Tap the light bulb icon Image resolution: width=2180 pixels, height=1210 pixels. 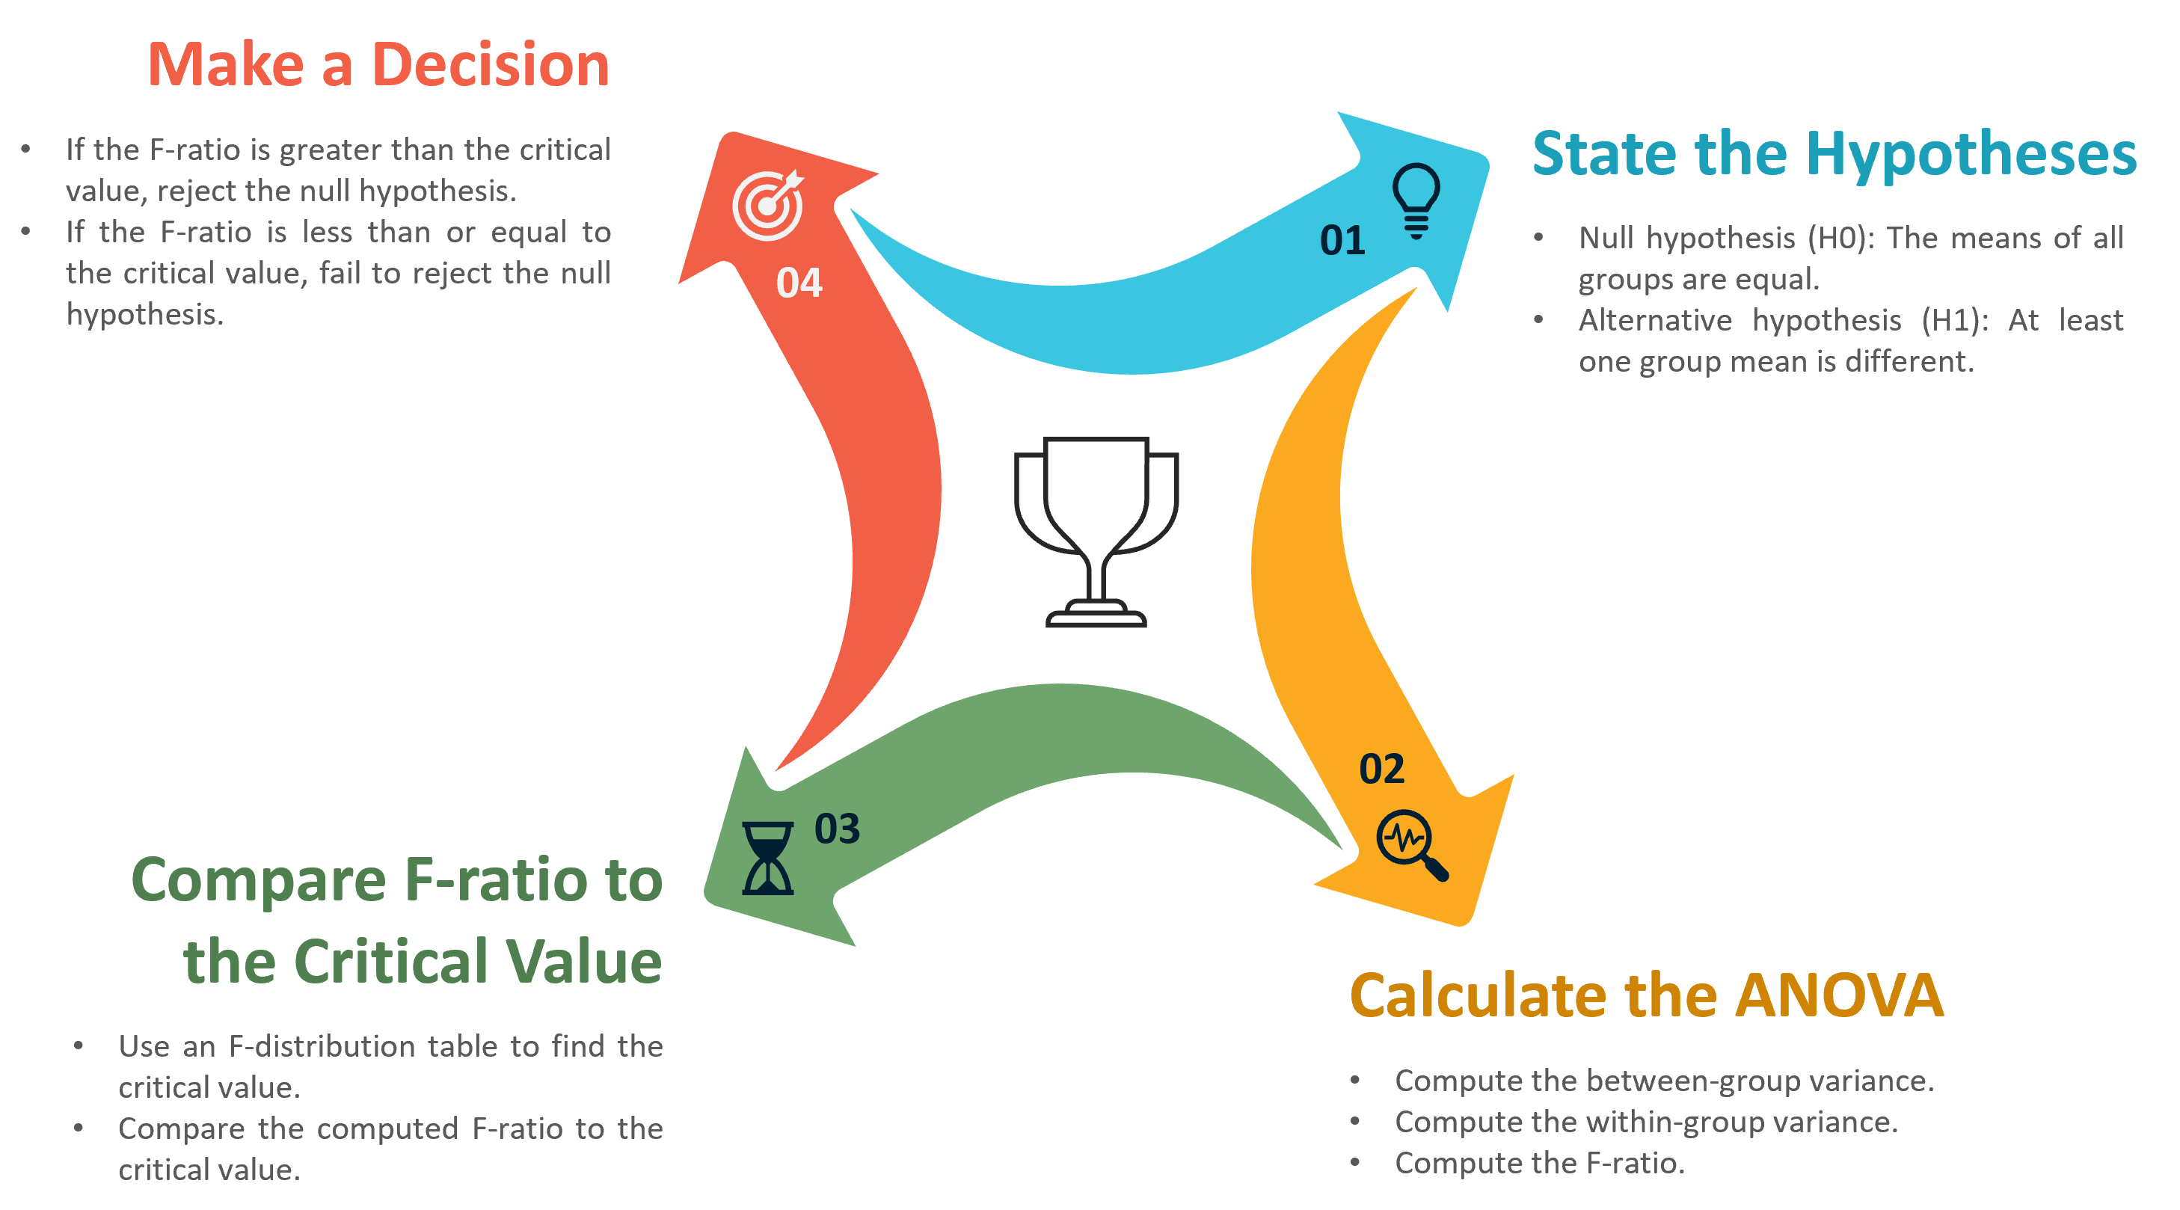pyautogui.click(x=1416, y=200)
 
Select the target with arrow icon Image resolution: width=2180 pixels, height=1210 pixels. pyautogui.click(x=767, y=206)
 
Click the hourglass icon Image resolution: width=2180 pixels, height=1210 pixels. pyautogui.click(x=767, y=858)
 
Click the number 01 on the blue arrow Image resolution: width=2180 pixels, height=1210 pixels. pyautogui.click(x=1342, y=240)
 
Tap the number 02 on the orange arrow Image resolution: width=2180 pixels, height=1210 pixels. pyautogui.click(x=1381, y=768)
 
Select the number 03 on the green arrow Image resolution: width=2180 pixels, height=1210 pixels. pyautogui.click(x=837, y=829)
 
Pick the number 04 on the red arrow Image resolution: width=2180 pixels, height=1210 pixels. pyautogui.click(x=799, y=283)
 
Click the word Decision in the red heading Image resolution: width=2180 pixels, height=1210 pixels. pyautogui.click(x=491, y=64)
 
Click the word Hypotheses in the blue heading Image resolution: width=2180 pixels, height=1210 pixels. pyautogui.click(x=1972, y=155)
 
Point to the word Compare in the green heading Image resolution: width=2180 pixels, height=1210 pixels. pyautogui.click(x=259, y=882)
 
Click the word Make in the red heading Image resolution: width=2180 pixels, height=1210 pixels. pyautogui.click(x=225, y=64)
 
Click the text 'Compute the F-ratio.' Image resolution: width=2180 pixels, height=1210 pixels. pyautogui.click(x=1539, y=1164)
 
